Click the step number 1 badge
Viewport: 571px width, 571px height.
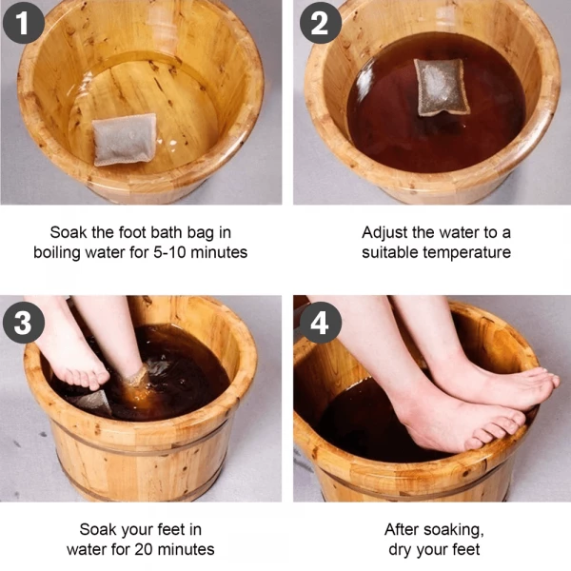pos(23,23)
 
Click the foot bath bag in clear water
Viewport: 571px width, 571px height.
pos(125,139)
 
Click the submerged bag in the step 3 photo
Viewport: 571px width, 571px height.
pos(93,400)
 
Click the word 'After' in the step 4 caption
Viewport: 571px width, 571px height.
pos(404,529)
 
